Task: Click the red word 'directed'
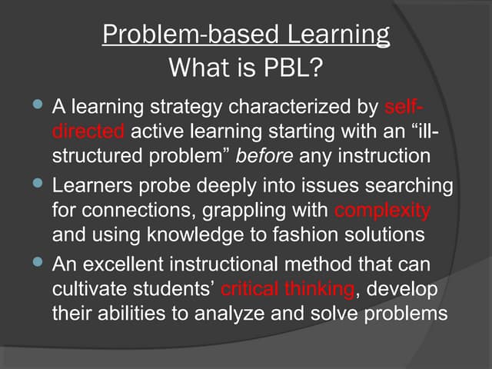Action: pyautogui.click(x=88, y=131)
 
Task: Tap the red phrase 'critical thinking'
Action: pyautogui.click(x=288, y=289)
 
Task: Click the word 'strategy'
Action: pyautogui.click(x=188, y=104)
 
